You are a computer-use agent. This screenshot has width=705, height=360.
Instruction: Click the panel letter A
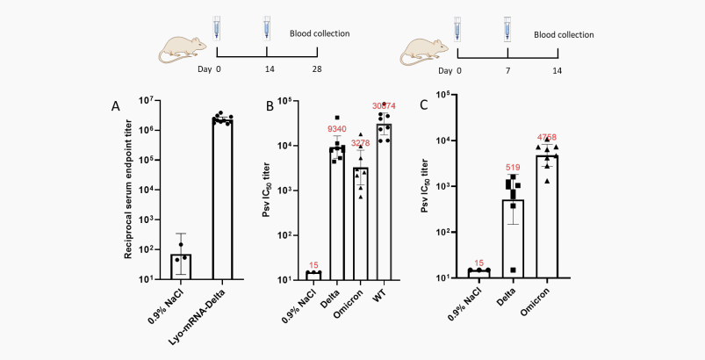(115, 106)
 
